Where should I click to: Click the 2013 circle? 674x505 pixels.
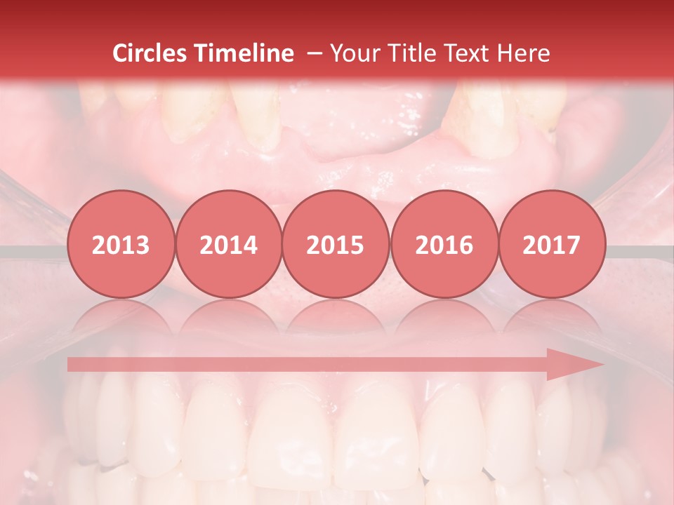(121, 245)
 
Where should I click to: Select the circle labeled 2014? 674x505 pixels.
(228, 245)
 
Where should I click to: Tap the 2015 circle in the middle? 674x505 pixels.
(336, 245)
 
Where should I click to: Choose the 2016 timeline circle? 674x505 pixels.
(444, 245)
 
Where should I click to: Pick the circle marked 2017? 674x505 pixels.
(551, 245)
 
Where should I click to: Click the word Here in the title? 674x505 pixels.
(524, 53)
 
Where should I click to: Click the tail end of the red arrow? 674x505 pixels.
(72, 364)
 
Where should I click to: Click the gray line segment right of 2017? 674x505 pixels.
(635, 250)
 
